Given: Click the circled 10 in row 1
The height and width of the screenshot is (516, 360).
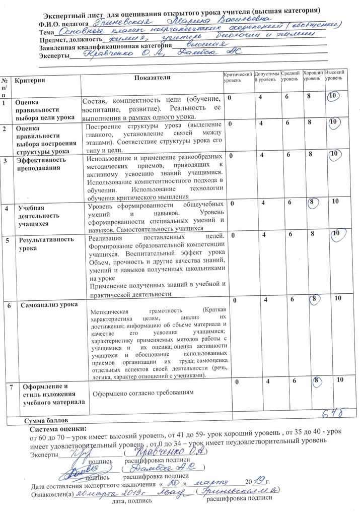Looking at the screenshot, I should click(332, 97).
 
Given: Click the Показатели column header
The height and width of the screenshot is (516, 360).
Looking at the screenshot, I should click(152, 77).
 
